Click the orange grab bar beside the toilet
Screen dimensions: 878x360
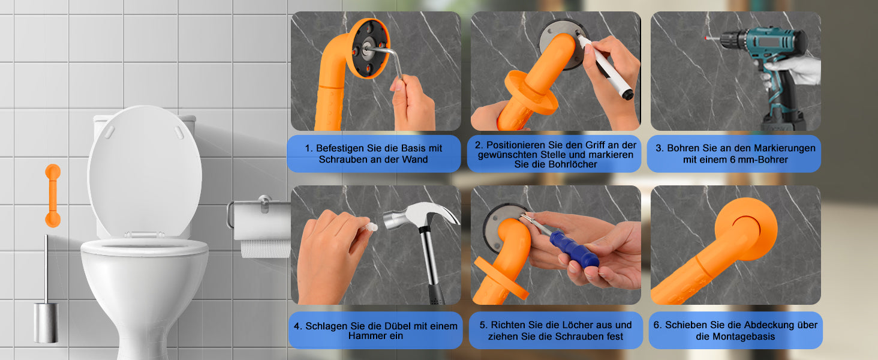53,196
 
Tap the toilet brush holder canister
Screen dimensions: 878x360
46,323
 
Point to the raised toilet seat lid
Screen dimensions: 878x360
145,173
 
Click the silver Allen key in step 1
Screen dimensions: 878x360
388,59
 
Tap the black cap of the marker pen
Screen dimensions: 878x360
627,95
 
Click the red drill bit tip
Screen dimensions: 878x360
706,38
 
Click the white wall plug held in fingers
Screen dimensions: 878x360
371,227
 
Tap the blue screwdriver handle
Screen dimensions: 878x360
574,250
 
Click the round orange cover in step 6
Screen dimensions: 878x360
746,229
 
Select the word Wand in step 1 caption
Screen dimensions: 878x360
416,160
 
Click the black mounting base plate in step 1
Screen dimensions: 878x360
368,48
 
